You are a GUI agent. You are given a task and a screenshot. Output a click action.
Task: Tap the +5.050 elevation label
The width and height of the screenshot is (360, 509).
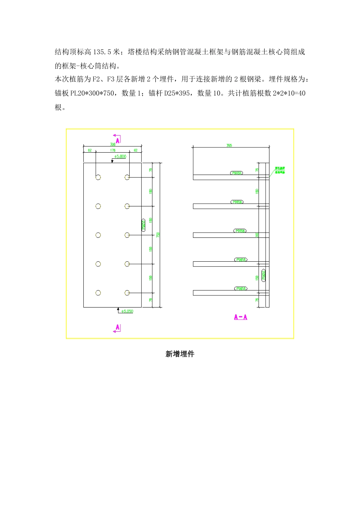click(127, 311)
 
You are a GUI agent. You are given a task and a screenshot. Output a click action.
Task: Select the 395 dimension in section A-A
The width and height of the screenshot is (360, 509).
click(229, 145)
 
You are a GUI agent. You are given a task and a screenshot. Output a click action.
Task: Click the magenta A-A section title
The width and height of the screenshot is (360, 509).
click(241, 317)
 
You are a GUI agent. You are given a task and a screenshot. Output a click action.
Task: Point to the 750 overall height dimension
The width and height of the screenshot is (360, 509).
click(158, 235)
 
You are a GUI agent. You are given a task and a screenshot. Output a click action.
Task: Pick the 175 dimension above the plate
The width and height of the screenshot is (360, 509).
click(113, 150)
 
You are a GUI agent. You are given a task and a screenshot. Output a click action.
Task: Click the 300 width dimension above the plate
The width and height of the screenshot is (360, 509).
click(113, 144)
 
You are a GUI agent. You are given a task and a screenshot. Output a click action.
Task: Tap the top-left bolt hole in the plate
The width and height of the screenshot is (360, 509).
click(98, 177)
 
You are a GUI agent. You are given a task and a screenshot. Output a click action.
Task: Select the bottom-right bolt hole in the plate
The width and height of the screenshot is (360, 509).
click(127, 293)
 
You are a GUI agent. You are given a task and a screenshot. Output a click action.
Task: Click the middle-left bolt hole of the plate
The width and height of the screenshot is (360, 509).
click(98, 235)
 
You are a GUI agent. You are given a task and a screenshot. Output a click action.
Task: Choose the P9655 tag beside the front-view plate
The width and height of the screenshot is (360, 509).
click(144, 225)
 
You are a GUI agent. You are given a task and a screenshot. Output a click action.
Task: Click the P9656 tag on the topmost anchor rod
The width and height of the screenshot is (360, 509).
click(236, 173)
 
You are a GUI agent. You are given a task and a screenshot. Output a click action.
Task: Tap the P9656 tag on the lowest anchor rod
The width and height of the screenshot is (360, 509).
click(241, 289)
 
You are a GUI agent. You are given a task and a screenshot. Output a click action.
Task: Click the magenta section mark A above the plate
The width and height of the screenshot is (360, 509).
click(117, 140)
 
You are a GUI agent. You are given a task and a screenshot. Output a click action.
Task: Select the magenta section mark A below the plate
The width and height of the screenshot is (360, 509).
click(117, 328)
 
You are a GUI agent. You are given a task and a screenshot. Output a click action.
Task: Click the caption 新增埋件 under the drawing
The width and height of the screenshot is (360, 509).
click(180, 354)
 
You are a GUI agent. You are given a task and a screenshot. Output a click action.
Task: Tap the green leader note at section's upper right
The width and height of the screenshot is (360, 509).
click(280, 170)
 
